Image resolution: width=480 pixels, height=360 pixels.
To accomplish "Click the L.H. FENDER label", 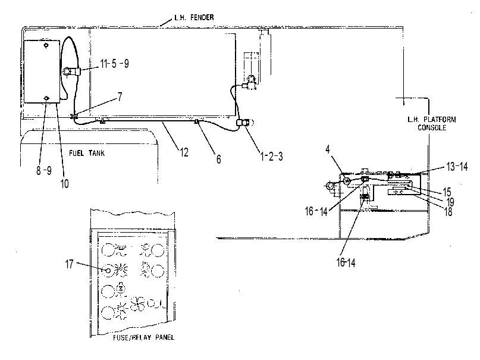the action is (x=194, y=17).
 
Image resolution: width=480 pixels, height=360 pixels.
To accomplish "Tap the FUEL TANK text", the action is (x=87, y=153).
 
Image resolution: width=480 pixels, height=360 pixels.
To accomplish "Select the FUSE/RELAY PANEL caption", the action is (x=143, y=337).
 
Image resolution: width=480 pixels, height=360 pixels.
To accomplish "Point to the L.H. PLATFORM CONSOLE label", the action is (x=432, y=123).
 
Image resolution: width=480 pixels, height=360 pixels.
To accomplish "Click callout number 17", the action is (x=69, y=264).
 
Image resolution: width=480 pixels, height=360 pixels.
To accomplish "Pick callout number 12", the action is (x=184, y=152).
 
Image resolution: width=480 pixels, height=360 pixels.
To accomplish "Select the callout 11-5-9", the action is (x=114, y=63).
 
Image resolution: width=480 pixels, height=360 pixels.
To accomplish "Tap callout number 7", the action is (x=120, y=97).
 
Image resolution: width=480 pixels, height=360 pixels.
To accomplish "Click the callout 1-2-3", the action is (x=271, y=156).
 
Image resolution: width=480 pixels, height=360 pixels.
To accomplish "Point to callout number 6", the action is (x=218, y=159).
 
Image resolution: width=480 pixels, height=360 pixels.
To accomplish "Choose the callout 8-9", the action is (x=44, y=171).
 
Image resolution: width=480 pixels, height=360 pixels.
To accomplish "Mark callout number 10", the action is (x=64, y=184).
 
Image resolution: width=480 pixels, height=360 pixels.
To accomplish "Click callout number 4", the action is (x=328, y=149).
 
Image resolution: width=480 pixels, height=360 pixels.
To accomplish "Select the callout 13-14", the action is (x=457, y=167).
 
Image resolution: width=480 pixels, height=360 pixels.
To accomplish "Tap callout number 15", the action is (x=447, y=192).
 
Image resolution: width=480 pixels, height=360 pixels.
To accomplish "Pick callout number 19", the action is (x=450, y=202).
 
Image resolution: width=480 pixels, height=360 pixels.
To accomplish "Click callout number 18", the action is (x=448, y=211).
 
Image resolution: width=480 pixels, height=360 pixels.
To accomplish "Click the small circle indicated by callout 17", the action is (x=108, y=271).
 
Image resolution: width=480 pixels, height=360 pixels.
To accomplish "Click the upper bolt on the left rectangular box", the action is (x=46, y=46).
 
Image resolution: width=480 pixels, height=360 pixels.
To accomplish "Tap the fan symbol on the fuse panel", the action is (x=138, y=303).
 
